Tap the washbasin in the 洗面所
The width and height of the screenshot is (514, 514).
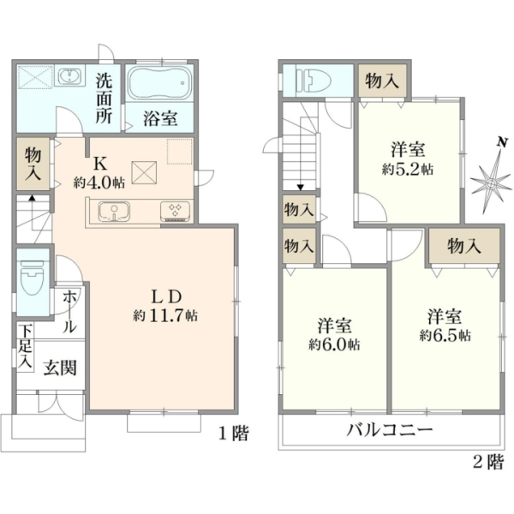click(69, 76)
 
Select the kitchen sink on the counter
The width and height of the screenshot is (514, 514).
click(114, 211)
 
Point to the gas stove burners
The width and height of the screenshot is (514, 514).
click(176, 211)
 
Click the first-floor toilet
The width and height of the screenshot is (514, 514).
click(32, 277)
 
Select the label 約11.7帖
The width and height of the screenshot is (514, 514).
click(165, 315)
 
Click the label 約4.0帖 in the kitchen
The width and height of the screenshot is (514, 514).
click(99, 182)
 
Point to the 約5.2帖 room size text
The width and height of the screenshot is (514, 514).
click(408, 170)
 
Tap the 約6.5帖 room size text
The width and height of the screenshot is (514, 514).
click(445, 335)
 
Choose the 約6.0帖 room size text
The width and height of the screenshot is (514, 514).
click(334, 344)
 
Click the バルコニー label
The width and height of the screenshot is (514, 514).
click(390, 429)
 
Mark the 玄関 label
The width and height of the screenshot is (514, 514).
click(60, 368)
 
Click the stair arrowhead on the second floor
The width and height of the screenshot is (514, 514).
click(301, 188)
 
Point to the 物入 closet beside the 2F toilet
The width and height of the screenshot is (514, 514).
click(382, 81)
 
